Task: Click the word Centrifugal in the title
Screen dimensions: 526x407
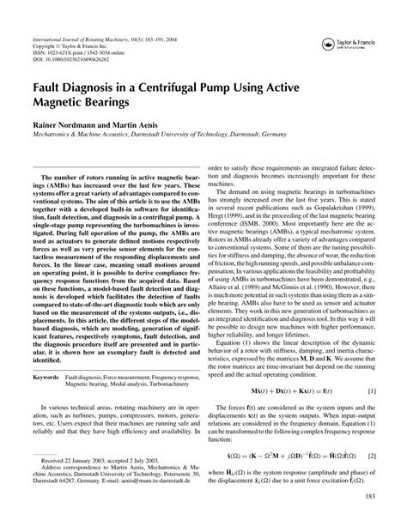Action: tap(172, 87)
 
